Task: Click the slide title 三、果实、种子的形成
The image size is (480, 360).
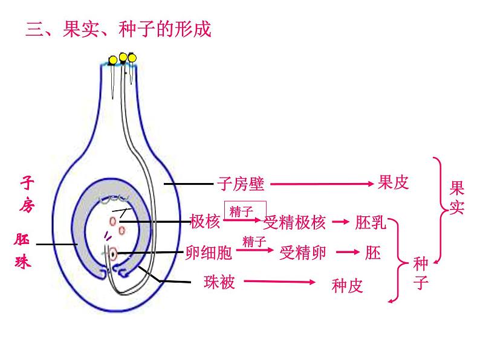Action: coord(118,30)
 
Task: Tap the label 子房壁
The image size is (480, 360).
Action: coord(241,182)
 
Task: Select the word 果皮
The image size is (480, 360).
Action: coord(394,182)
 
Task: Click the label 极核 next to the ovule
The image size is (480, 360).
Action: coord(204,222)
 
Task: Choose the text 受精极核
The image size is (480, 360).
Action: coord(295,222)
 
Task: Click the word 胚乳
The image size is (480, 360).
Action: coord(371,222)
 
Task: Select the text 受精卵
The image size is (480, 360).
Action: coord(303,253)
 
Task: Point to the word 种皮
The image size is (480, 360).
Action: coord(347,285)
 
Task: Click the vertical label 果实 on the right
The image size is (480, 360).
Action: coord(457,197)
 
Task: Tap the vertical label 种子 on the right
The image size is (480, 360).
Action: coord(421,273)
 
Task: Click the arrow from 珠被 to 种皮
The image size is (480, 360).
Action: coord(280,281)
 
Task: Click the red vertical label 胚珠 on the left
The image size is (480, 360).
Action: coord(22,251)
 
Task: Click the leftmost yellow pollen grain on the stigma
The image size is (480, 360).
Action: coord(112,60)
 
